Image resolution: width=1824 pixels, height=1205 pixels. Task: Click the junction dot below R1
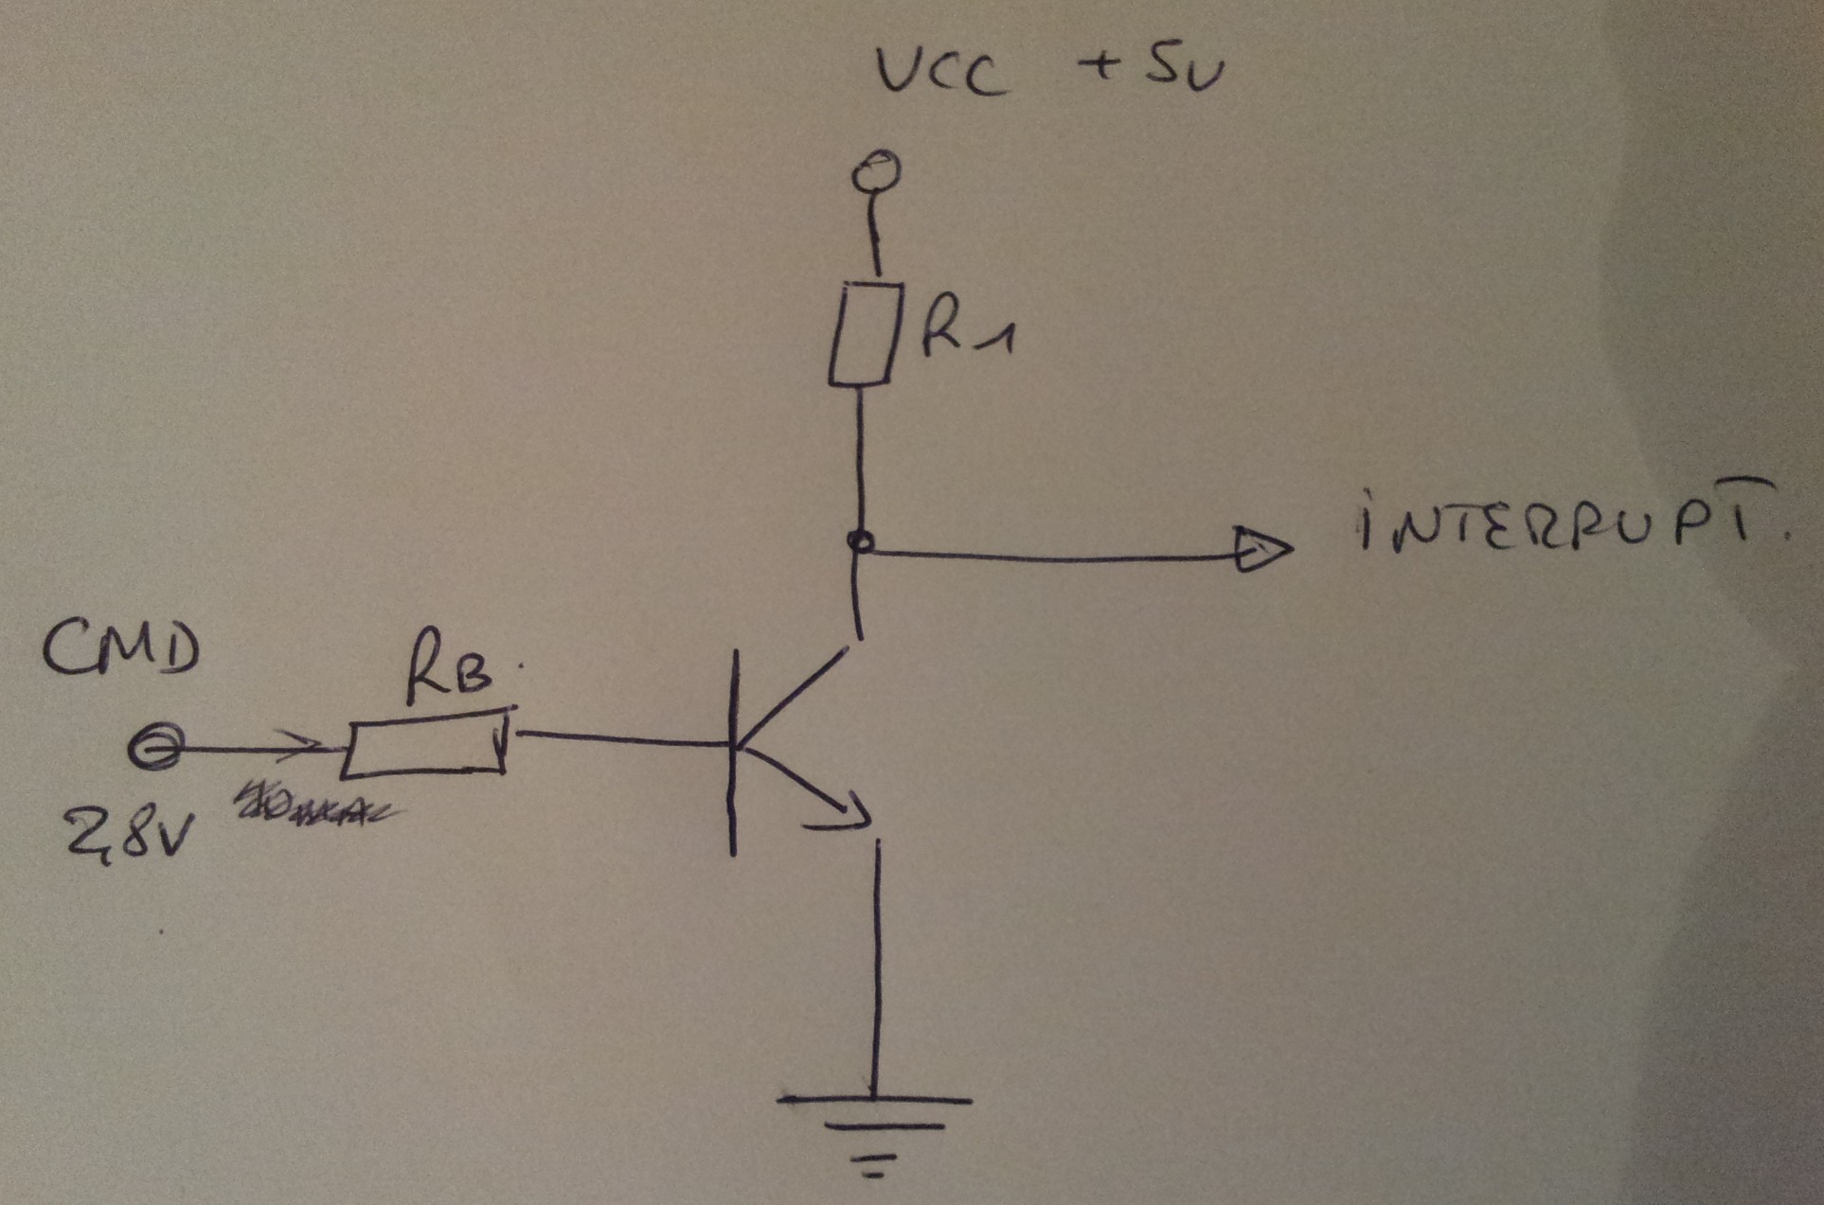coord(861,542)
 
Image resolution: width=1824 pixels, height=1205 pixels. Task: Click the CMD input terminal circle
coord(154,749)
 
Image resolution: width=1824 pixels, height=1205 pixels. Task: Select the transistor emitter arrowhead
coord(846,810)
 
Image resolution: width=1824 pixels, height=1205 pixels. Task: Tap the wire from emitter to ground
coord(877,966)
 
